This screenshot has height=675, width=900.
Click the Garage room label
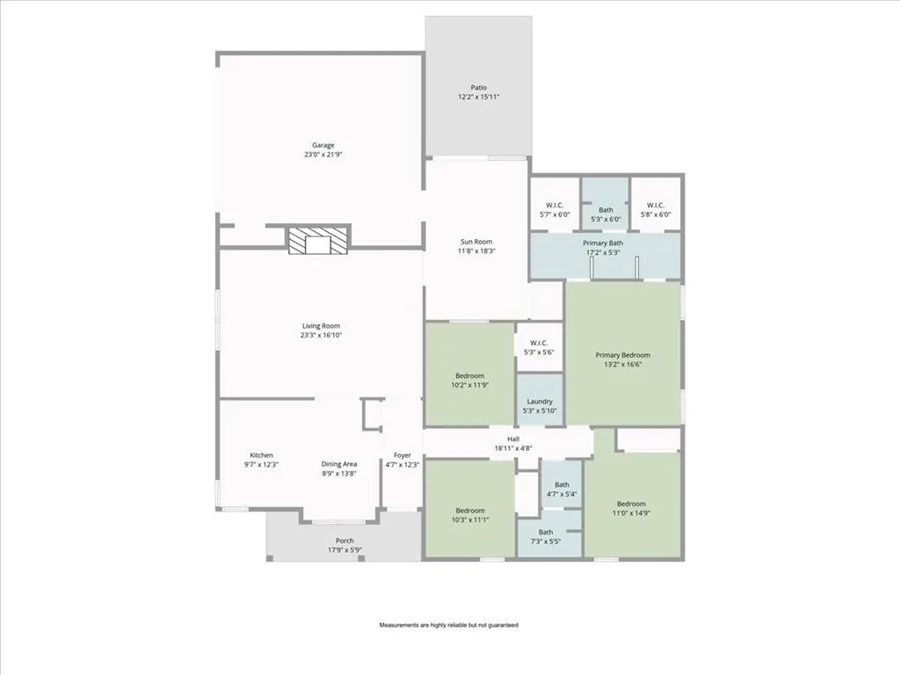[323, 145]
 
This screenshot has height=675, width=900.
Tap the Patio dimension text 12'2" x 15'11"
[479, 97]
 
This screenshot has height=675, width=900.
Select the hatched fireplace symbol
[318, 240]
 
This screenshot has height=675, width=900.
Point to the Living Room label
[321, 326]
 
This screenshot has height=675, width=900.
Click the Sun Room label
[476, 242]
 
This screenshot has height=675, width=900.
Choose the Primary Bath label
[603, 243]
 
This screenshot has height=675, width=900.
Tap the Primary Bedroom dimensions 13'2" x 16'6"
[623, 364]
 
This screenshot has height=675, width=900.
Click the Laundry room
[540, 400]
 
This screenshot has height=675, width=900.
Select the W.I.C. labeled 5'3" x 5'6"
[539, 347]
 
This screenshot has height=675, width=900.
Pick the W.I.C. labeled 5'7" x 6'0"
[555, 205]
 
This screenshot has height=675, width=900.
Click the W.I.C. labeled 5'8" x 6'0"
[656, 205]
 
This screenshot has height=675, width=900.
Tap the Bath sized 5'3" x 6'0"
[606, 205]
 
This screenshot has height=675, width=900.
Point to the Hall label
[513, 439]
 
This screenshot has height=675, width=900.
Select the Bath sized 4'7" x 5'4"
[562, 484]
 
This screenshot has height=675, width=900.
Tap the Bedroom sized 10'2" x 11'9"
[469, 374]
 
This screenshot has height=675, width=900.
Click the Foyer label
[403, 455]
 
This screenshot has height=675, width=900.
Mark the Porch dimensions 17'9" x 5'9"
[345, 550]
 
